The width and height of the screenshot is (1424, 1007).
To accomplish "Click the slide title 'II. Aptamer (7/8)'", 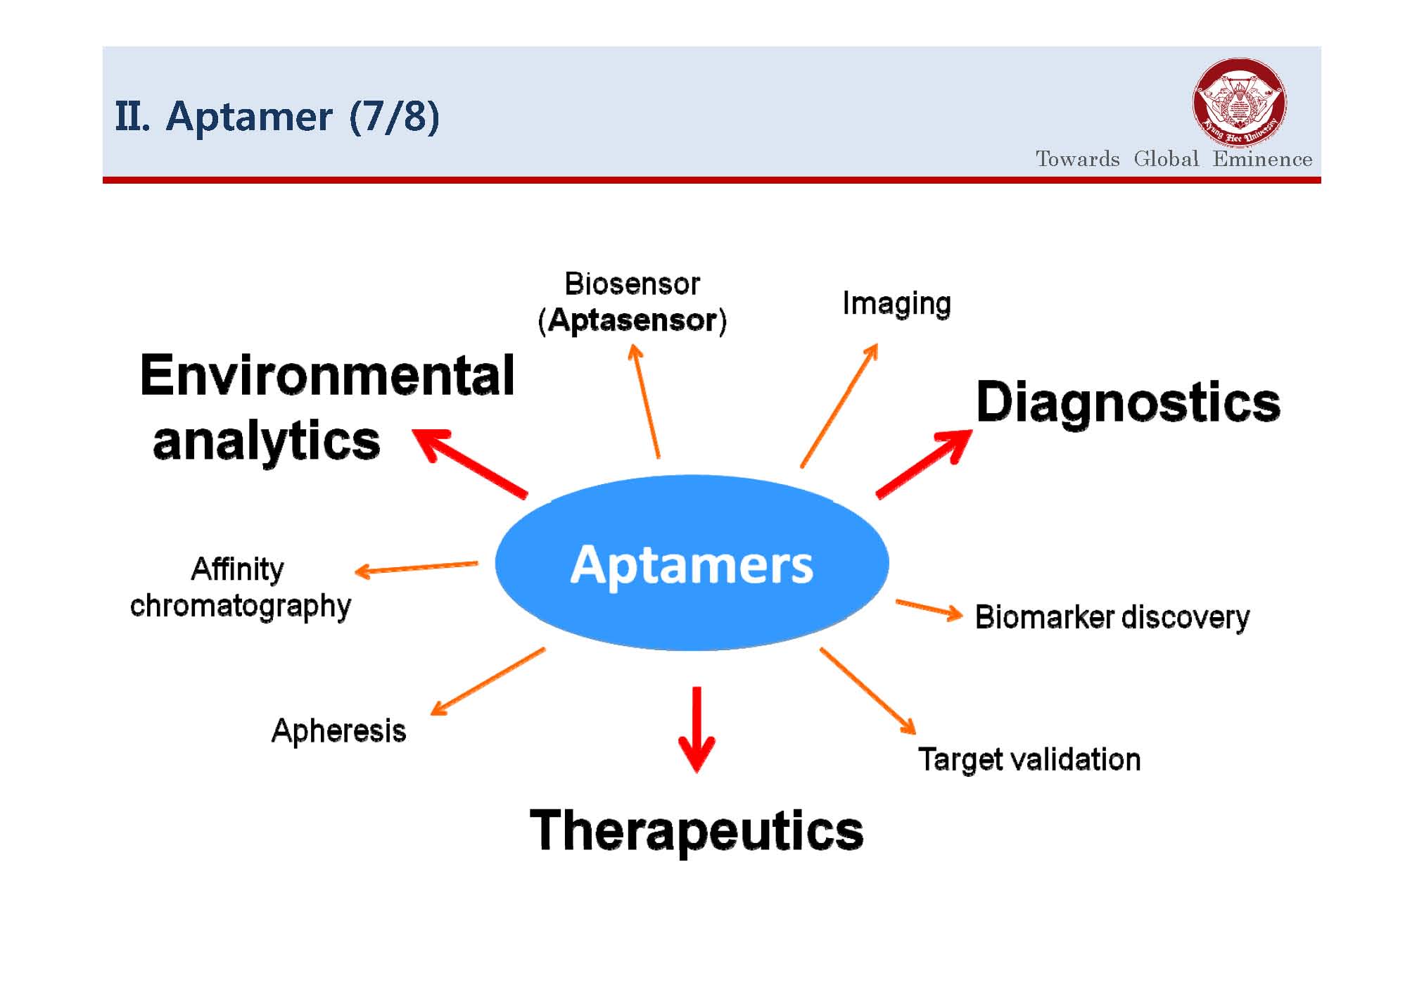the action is [277, 116].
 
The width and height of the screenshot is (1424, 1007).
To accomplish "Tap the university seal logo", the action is [1240, 103].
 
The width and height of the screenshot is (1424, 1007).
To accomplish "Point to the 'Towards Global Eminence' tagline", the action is [1174, 159].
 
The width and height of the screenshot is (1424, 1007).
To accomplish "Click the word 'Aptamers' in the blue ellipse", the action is [692, 564].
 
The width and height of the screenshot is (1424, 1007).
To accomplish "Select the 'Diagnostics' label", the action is [1128, 403].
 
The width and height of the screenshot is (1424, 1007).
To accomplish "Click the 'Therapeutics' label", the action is [697, 831].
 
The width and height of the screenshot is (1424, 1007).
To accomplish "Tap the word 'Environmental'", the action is [327, 375].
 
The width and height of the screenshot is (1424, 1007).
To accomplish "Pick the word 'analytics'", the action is [267, 441].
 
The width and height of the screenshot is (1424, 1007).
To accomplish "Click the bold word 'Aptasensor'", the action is [632, 320].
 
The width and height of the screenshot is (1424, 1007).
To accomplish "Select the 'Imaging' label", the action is [897, 304].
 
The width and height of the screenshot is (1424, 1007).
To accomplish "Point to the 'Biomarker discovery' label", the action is [1112, 618].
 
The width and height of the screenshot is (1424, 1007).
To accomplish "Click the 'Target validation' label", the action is [1029, 759].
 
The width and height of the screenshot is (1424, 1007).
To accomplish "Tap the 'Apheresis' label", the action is [338, 731].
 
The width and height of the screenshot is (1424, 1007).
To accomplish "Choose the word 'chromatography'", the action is [241, 607].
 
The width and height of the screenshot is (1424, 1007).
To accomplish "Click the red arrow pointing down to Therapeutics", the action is [697, 730].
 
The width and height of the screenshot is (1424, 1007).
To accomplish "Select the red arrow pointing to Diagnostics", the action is [924, 464].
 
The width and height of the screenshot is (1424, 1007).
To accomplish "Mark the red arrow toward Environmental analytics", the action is [469, 464].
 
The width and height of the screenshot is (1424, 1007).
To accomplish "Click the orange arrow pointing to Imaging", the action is [839, 405].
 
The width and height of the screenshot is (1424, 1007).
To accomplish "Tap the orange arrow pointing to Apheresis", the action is [488, 681].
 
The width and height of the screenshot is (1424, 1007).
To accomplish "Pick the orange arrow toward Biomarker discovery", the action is [929, 610].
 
